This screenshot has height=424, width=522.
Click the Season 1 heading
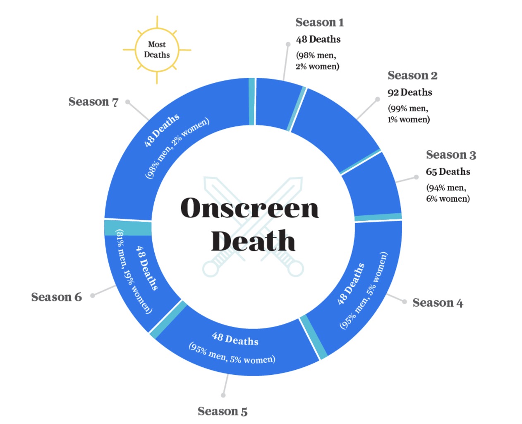(319, 22)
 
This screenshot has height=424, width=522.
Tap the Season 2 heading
(412, 75)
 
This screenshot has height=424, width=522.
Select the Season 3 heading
(451, 155)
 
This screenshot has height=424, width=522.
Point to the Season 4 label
(438, 303)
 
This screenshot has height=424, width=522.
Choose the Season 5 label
(222, 411)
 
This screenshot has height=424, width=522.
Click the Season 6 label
(56, 297)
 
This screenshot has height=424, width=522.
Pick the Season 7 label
(93, 101)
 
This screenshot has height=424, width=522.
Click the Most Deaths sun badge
(157, 50)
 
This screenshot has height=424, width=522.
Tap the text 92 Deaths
(409, 92)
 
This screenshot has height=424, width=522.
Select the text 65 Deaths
(448, 171)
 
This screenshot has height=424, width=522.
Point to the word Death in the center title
(253, 241)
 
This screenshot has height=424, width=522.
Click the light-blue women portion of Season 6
(128, 228)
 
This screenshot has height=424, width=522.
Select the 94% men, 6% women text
(448, 193)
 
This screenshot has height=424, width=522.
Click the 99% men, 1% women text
(409, 114)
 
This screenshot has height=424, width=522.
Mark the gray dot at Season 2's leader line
(377, 99)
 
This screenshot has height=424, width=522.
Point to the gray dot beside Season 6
(93, 295)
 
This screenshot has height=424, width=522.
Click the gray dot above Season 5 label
(223, 395)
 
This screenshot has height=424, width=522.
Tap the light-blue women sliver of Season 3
(378, 217)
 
